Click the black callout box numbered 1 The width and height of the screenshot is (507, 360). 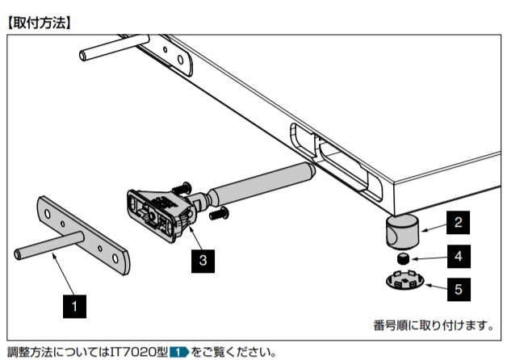point(75,306)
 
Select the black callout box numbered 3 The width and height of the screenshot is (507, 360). point(203,260)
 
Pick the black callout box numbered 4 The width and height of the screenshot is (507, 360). point(456,257)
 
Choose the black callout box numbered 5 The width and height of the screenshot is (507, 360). point(456,287)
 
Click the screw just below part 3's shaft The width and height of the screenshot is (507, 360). point(220,214)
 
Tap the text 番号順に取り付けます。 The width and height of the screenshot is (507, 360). point(432,325)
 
